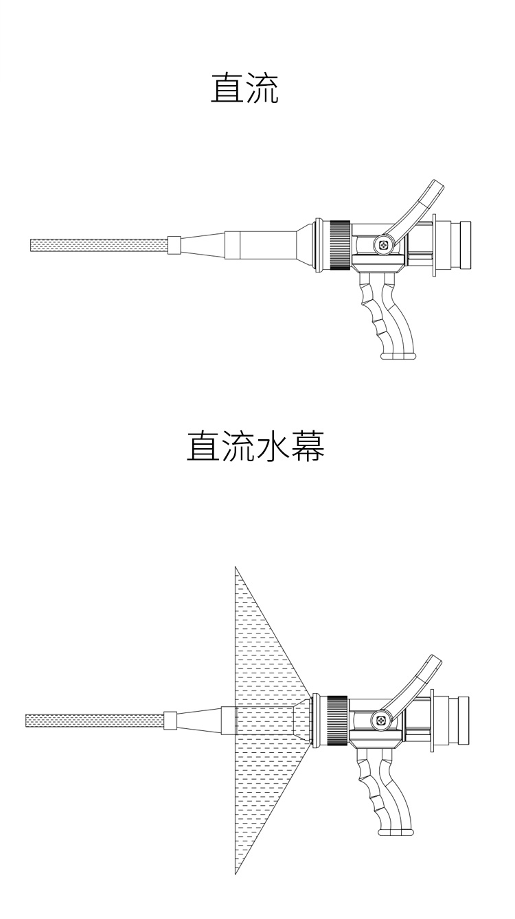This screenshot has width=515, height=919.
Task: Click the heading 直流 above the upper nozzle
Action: (245, 88)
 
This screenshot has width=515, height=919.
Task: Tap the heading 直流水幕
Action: (255, 446)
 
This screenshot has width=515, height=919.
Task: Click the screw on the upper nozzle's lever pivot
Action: (384, 245)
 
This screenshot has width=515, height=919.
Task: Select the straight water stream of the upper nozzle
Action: (99, 245)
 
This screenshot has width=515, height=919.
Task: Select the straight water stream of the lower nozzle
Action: (95, 721)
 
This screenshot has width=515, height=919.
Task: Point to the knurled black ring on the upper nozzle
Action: (341, 245)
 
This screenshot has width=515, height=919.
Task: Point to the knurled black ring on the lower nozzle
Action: (338, 721)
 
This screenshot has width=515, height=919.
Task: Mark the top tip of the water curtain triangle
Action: (235, 567)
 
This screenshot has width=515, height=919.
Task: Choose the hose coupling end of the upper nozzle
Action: (461, 245)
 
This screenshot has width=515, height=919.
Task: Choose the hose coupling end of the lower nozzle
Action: (459, 721)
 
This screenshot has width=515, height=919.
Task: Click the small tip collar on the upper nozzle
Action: (174, 245)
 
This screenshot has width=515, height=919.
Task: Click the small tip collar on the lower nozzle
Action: (170, 721)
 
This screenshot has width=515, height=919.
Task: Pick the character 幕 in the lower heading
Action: (308, 446)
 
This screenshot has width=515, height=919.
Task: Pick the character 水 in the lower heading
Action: (273, 446)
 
